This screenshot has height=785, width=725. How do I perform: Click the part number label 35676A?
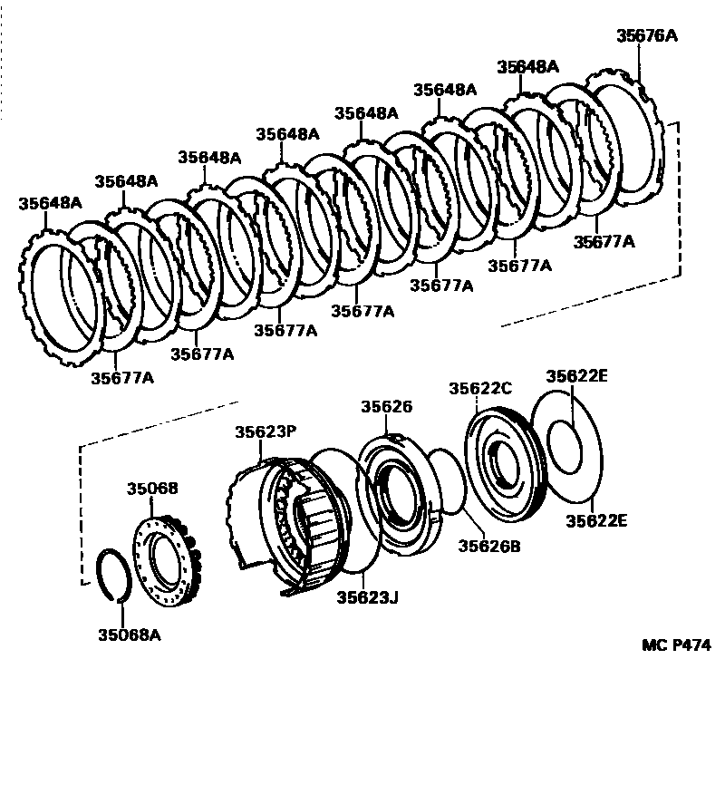[646, 36]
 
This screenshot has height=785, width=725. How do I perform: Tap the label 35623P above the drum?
[266, 432]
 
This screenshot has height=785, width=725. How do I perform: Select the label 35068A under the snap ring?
[130, 635]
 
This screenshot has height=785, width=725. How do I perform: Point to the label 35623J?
[366, 597]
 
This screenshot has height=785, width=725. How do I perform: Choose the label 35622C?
[480, 388]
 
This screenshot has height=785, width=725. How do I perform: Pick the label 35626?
[386, 407]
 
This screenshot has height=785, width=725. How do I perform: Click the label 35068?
[152, 489]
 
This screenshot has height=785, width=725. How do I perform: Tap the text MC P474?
[676, 645]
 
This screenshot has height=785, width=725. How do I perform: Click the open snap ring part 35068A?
[115, 574]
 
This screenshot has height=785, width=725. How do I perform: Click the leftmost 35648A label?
[49, 203]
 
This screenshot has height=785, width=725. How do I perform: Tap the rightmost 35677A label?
[604, 242]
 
